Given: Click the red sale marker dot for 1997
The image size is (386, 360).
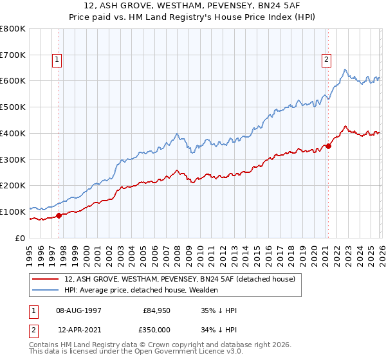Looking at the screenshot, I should tap(59, 215).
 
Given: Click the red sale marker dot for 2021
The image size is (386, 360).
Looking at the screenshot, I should tap(328, 146).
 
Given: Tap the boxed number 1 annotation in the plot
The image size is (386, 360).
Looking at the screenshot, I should tap(57, 60).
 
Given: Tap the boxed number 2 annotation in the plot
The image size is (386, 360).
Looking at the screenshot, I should tap(326, 60).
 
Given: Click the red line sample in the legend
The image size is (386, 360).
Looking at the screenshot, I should tap(46, 279).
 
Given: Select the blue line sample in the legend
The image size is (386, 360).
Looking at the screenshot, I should tap(46, 290).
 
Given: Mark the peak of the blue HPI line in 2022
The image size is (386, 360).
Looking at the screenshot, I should tap(345, 69).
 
